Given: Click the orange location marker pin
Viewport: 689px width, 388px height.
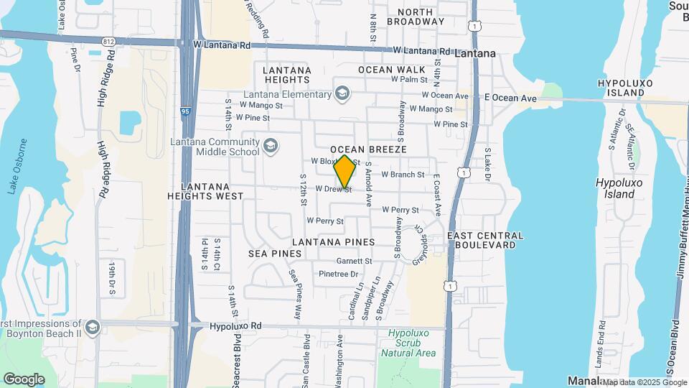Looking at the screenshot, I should pos(344,171).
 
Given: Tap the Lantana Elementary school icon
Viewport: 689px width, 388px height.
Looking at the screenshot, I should pos(342,94).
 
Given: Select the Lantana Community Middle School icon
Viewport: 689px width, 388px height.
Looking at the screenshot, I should pos(271,147).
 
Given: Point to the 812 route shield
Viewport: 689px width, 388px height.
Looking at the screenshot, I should pos(108,41).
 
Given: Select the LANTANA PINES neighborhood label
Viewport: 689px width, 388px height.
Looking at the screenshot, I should pos(330,243).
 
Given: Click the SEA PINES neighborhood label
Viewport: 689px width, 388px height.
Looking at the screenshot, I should pos(275,254).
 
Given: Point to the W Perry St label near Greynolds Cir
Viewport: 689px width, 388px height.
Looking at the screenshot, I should pos(400,210).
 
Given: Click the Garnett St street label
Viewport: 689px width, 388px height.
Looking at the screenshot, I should pos(354,261).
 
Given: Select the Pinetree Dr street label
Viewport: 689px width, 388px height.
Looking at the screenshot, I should pos(338,274).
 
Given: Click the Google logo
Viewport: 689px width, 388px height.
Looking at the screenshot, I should pos(24,379).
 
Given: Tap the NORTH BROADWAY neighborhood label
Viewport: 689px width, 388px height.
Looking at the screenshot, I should pos(416,17).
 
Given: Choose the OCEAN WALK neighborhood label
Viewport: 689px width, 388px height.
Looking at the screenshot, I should pos(387,70).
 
